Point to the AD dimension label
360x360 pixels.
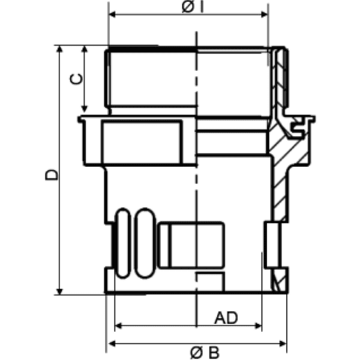point(227,317)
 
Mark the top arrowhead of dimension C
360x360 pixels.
point(84,49)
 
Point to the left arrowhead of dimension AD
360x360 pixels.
point(118,326)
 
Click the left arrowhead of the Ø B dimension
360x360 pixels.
point(111,344)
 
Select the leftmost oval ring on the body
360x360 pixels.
point(124,243)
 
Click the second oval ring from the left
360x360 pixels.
point(145,243)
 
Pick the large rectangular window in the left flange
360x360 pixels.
point(142,142)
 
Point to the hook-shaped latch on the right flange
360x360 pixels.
point(299,124)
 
